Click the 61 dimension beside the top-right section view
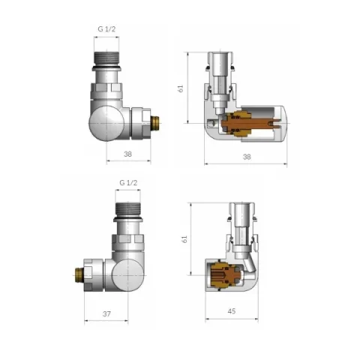pos(181,88)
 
